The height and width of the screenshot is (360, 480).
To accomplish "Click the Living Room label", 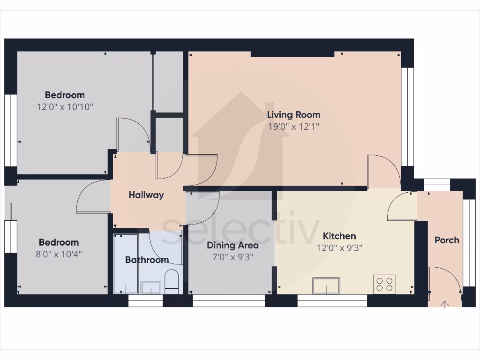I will click(x=294, y=114).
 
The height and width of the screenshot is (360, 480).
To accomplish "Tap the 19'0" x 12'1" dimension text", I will click(x=294, y=126).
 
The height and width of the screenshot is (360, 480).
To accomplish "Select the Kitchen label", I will click(x=339, y=236).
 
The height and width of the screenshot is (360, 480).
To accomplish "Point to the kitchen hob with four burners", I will click(x=384, y=284).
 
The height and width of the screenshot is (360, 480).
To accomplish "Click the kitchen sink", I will click(x=326, y=285).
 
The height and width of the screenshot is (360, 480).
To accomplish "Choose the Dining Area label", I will click(x=233, y=245).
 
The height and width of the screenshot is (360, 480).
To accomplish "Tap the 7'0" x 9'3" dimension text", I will click(x=233, y=257).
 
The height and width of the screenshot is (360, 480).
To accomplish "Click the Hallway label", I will click(x=146, y=195).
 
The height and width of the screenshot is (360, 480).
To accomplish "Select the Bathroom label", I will click(x=147, y=260).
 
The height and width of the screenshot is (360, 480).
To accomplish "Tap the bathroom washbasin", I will click(x=151, y=287).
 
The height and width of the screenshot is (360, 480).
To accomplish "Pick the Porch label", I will click(x=447, y=240).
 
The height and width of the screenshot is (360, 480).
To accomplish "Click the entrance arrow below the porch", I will click(x=444, y=305).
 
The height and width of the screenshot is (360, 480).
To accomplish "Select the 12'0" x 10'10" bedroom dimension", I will click(x=65, y=107).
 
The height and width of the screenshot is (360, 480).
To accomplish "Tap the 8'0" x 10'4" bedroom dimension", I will click(x=59, y=254).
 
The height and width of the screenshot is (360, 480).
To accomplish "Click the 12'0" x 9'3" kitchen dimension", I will click(x=339, y=248).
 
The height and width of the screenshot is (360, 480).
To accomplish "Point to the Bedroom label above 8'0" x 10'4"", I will click(x=59, y=242).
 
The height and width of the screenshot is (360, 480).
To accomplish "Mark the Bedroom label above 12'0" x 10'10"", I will click(x=65, y=95).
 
